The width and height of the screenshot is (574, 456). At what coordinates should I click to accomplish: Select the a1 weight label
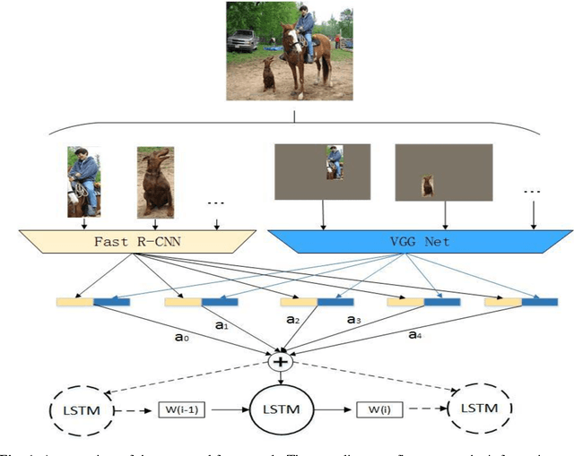click(x=222, y=327)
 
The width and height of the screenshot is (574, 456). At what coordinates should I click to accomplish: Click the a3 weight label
click(x=352, y=320)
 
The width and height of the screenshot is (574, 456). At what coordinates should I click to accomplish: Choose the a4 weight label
click(x=415, y=335)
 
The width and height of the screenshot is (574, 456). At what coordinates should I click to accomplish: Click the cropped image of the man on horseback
click(x=83, y=183)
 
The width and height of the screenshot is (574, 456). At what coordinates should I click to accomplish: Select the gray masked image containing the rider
click(x=322, y=171)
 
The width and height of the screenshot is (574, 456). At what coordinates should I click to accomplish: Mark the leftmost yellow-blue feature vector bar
click(x=93, y=302)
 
